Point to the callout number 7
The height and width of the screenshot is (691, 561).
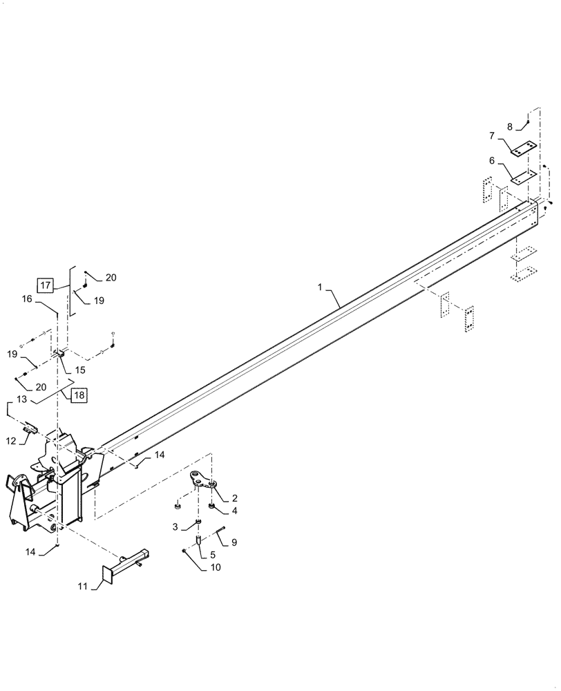tap(492, 135)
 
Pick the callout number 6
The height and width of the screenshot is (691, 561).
tap(492, 160)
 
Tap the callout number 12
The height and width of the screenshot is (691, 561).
tap(11, 440)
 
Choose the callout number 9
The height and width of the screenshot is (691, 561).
tap(234, 543)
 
